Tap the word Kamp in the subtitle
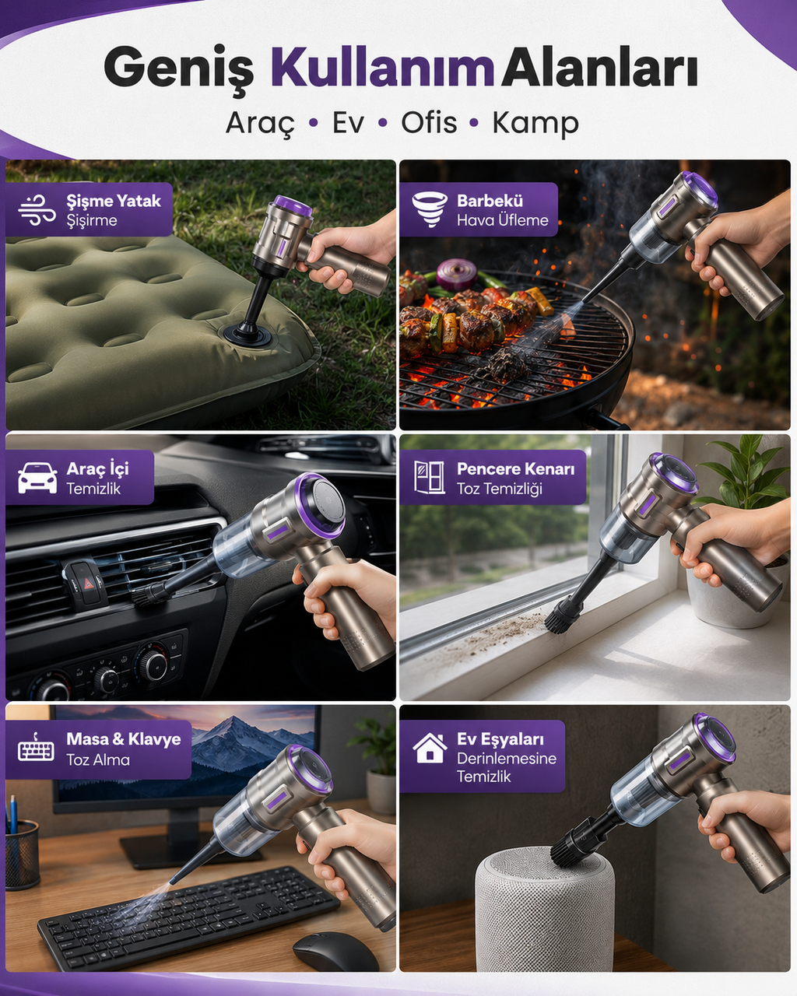(x=535, y=124)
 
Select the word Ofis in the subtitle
(x=429, y=122)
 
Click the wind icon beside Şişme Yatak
(x=37, y=209)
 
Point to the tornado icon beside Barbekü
(x=430, y=209)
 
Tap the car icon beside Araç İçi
(x=37, y=477)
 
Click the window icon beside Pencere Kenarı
(x=429, y=477)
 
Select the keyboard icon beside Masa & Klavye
(x=36, y=748)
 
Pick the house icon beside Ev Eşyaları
(x=430, y=748)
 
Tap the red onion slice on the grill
(x=456, y=274)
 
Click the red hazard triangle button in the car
(x=86, y=583)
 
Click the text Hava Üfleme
(x=503, y=220)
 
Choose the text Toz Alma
(x=98, y=759)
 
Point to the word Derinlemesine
(x=507, y=758)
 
